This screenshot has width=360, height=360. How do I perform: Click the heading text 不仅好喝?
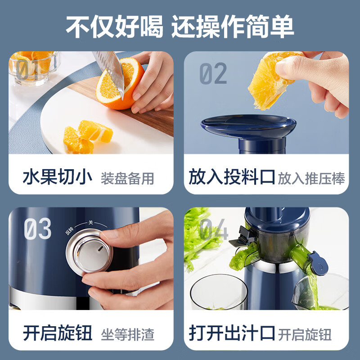pos(114,27)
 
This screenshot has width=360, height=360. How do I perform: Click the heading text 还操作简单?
pos(233,27)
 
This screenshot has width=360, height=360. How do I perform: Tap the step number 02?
pos(213,73)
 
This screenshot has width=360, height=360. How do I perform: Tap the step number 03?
pos(38,229)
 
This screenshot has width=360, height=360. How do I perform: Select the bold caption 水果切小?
pos(58,177)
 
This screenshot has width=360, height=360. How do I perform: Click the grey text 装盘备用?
pos(127,178)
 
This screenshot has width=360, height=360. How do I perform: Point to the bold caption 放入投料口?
pos(231,177)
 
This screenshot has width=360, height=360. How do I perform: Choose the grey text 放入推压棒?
pos(311,178)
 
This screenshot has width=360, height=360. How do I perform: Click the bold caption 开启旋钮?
pos(58,333)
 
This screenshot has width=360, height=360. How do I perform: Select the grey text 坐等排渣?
pos(127,334)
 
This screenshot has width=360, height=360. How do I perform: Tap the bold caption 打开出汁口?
pos(231,333)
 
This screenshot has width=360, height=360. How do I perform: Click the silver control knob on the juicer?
pos(90,252)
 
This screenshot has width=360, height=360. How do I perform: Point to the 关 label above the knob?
pos(91,222)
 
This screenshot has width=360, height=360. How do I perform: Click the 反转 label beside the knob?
pos(69,231)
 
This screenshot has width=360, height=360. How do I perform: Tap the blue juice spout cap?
pos(318,263)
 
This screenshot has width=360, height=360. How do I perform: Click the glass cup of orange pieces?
pos(35,68)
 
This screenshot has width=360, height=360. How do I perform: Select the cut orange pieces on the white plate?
pos(88,137)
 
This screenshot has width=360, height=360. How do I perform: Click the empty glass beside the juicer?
pos(219,292)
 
